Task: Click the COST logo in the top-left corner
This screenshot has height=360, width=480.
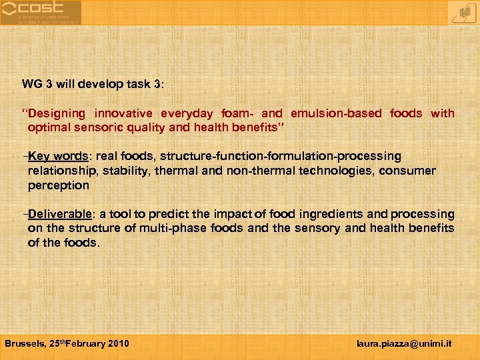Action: click(x=41, y=13)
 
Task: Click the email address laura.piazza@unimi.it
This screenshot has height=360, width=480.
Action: click(x=404, y=343)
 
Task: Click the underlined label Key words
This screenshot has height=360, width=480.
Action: click(x=59, y=156)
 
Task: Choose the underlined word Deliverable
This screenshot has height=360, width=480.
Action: click(x=60, y=214)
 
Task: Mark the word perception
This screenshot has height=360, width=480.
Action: click(x=58, y=185)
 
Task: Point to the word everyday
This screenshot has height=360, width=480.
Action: click(x=189, y=113)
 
